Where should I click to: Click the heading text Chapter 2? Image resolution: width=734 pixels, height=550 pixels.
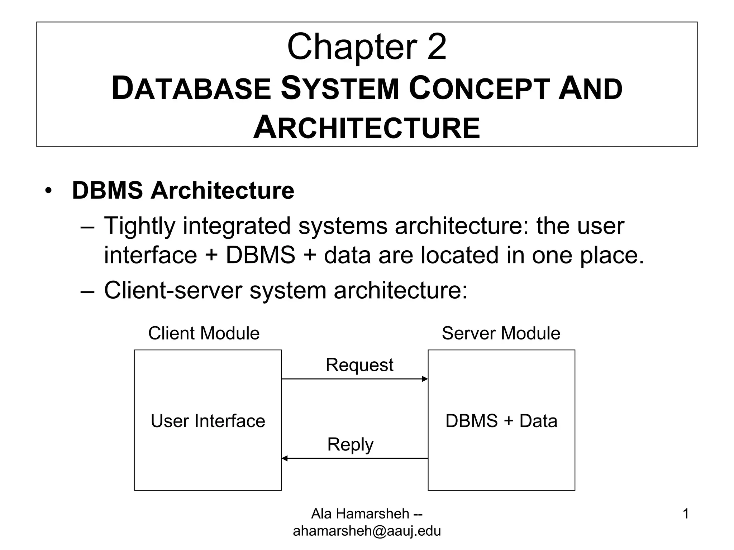367,47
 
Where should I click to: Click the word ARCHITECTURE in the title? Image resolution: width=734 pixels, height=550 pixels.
367,128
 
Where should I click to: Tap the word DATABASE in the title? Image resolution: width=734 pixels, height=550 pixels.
191,89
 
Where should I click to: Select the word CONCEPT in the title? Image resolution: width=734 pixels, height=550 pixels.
479,89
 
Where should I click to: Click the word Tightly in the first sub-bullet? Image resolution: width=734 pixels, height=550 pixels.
140,226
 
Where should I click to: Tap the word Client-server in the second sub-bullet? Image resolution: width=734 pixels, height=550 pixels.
173,290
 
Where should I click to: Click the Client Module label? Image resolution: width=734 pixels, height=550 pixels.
204,333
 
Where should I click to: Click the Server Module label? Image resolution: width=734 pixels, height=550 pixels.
501,333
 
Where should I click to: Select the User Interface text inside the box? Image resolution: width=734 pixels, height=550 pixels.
208,421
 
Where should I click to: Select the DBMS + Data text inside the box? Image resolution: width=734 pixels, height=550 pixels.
501,421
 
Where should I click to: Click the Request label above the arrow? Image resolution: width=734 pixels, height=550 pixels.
359,365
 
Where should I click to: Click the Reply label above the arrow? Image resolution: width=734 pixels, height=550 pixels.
350,444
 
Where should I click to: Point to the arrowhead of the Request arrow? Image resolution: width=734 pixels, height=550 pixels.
425,379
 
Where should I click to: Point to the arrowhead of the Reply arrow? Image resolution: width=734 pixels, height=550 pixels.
285,458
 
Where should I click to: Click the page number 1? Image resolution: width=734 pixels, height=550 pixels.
686,514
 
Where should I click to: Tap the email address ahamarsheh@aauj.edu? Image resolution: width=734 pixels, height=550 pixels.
367,531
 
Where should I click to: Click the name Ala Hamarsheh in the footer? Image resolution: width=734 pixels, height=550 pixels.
360,514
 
